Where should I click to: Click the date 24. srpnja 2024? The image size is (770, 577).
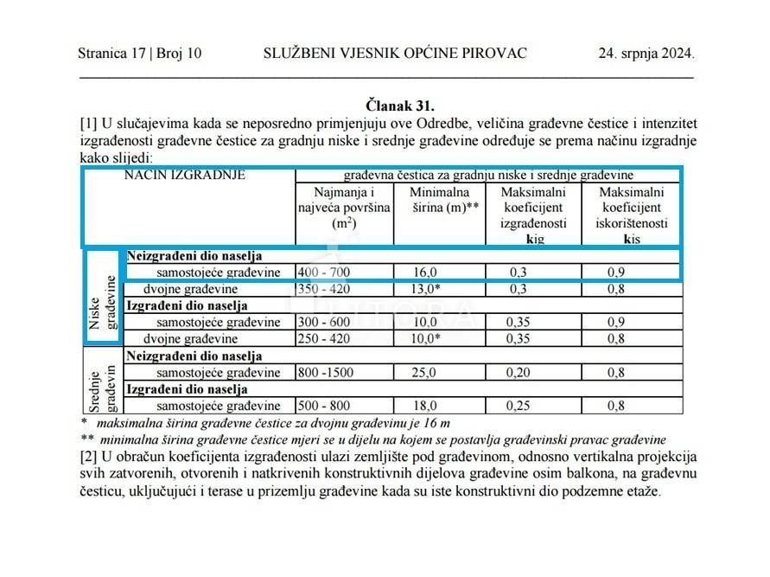click(646, 53)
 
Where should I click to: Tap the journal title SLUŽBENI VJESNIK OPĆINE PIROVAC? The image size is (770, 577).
click(395, 53)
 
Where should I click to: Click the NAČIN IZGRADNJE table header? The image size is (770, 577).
click(185, 175)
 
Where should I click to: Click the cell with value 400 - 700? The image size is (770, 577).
click(325, 272)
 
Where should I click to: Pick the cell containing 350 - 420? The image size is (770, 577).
click(325, 289)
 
